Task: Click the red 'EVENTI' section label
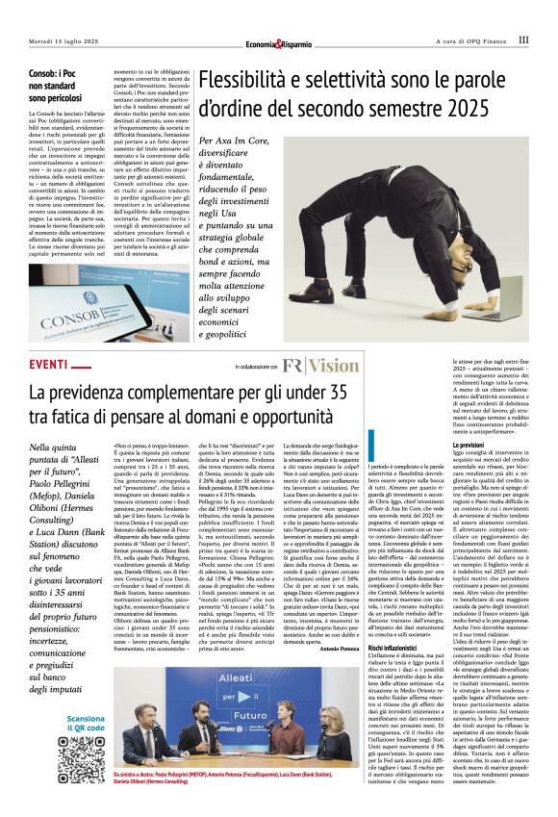[49, 365]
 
